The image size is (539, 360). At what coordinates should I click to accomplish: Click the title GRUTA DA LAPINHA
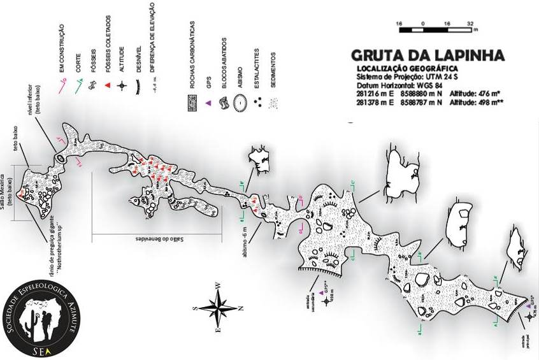tap(428, 55)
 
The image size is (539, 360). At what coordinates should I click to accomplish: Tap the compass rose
tap(219, 309)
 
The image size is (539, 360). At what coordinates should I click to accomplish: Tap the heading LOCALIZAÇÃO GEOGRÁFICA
tap(407, 68)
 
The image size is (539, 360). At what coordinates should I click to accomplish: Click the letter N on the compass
tap(240, 309)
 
